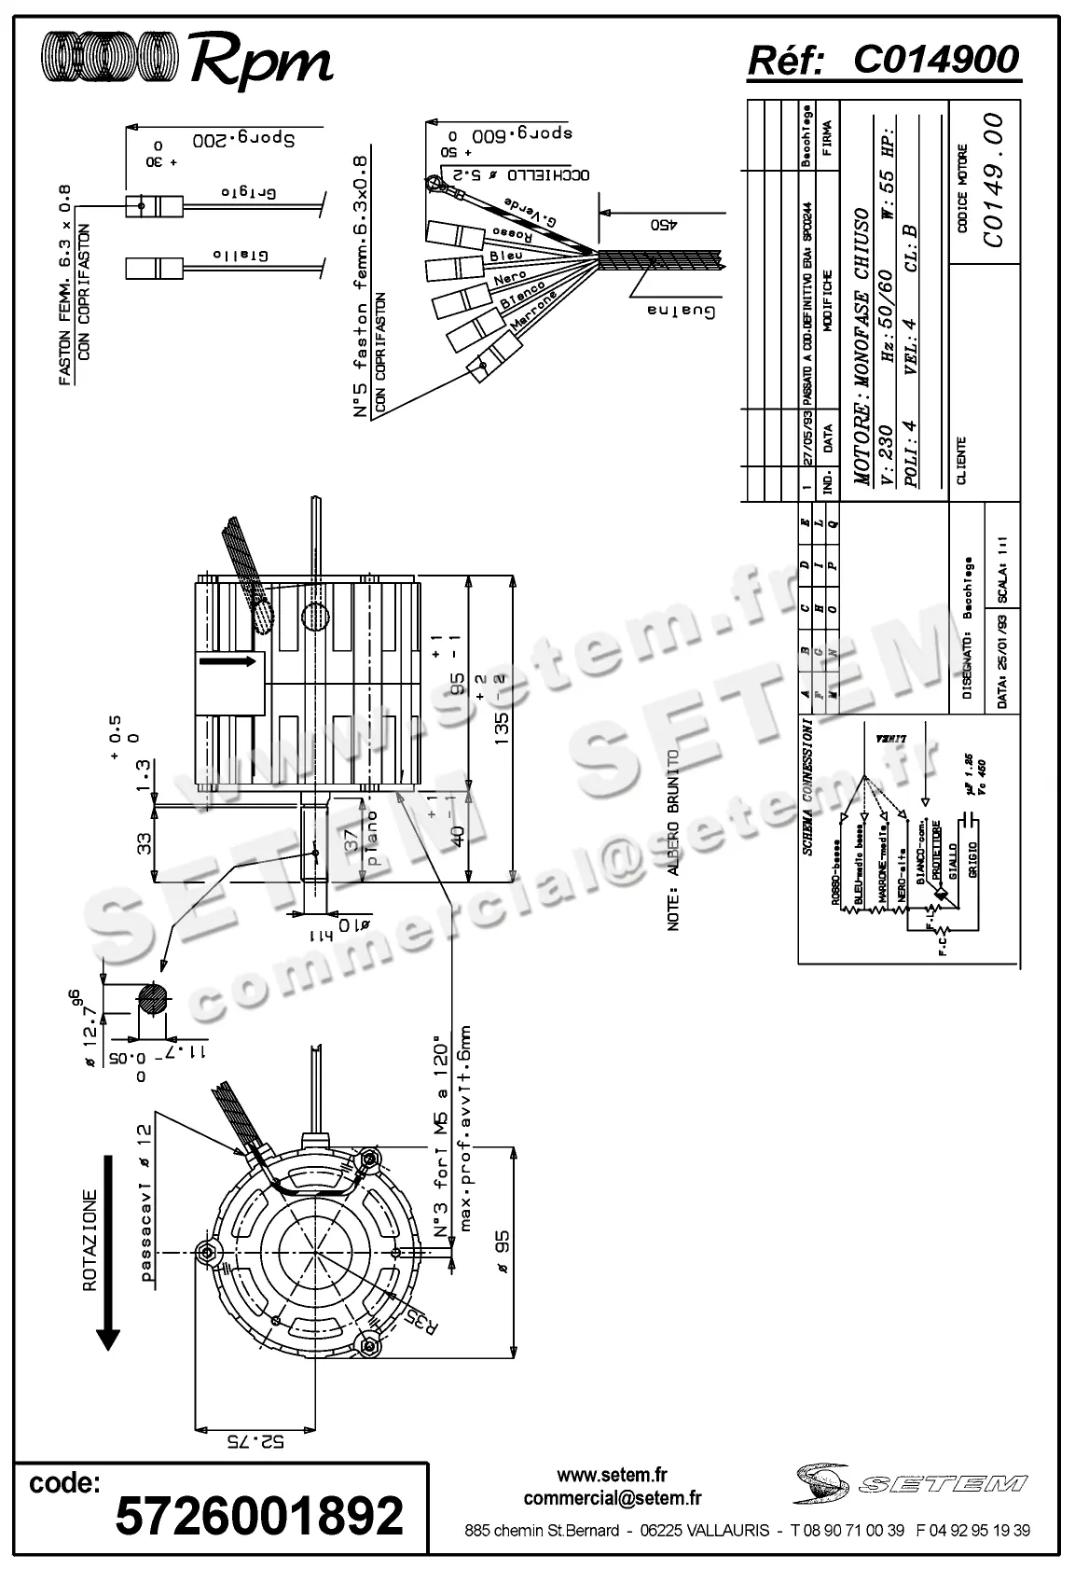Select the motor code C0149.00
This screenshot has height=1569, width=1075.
(x=993, y=180)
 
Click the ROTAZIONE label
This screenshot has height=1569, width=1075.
(x=90, y=1240)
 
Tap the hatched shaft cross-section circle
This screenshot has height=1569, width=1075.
(x=153, y=998)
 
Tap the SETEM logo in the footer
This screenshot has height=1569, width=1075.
(x=910, y=1484)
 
